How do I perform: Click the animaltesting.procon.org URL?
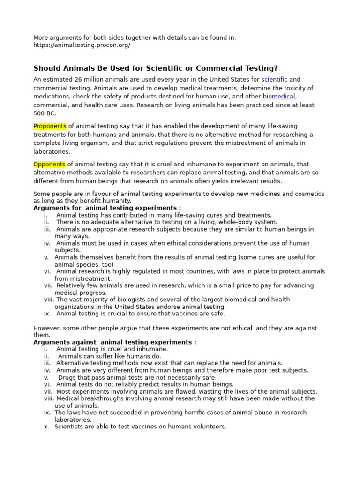click(82, 45)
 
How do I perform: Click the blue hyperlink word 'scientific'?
click(274, 80)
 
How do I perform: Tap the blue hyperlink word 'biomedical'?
click(279, 97)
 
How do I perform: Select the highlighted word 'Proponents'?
click(50, 127)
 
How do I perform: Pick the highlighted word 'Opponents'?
click(49, 165)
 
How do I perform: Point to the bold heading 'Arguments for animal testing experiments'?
click(107, 208)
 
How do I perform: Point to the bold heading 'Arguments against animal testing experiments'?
click(115, 342)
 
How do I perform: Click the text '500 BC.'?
click(45, 113)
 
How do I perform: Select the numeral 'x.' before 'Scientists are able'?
click(47, 427)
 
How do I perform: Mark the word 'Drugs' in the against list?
click(67, 377)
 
